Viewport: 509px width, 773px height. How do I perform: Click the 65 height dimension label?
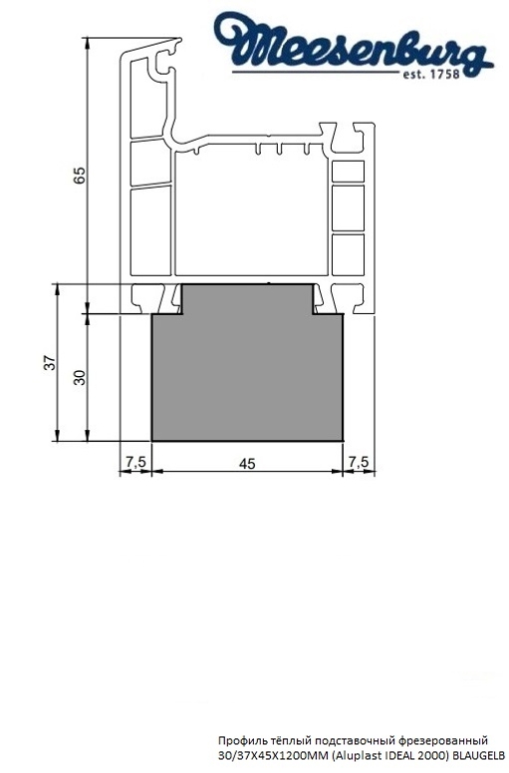coord(80,174)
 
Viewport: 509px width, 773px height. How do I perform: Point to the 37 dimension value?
coord(49,364)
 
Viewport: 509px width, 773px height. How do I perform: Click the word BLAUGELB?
coord(476,756)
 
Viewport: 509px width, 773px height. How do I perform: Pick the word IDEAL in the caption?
coord(386,756)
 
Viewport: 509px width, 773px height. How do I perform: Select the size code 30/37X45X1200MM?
coord(265,756)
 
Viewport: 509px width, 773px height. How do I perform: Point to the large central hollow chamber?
coord(249,214)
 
